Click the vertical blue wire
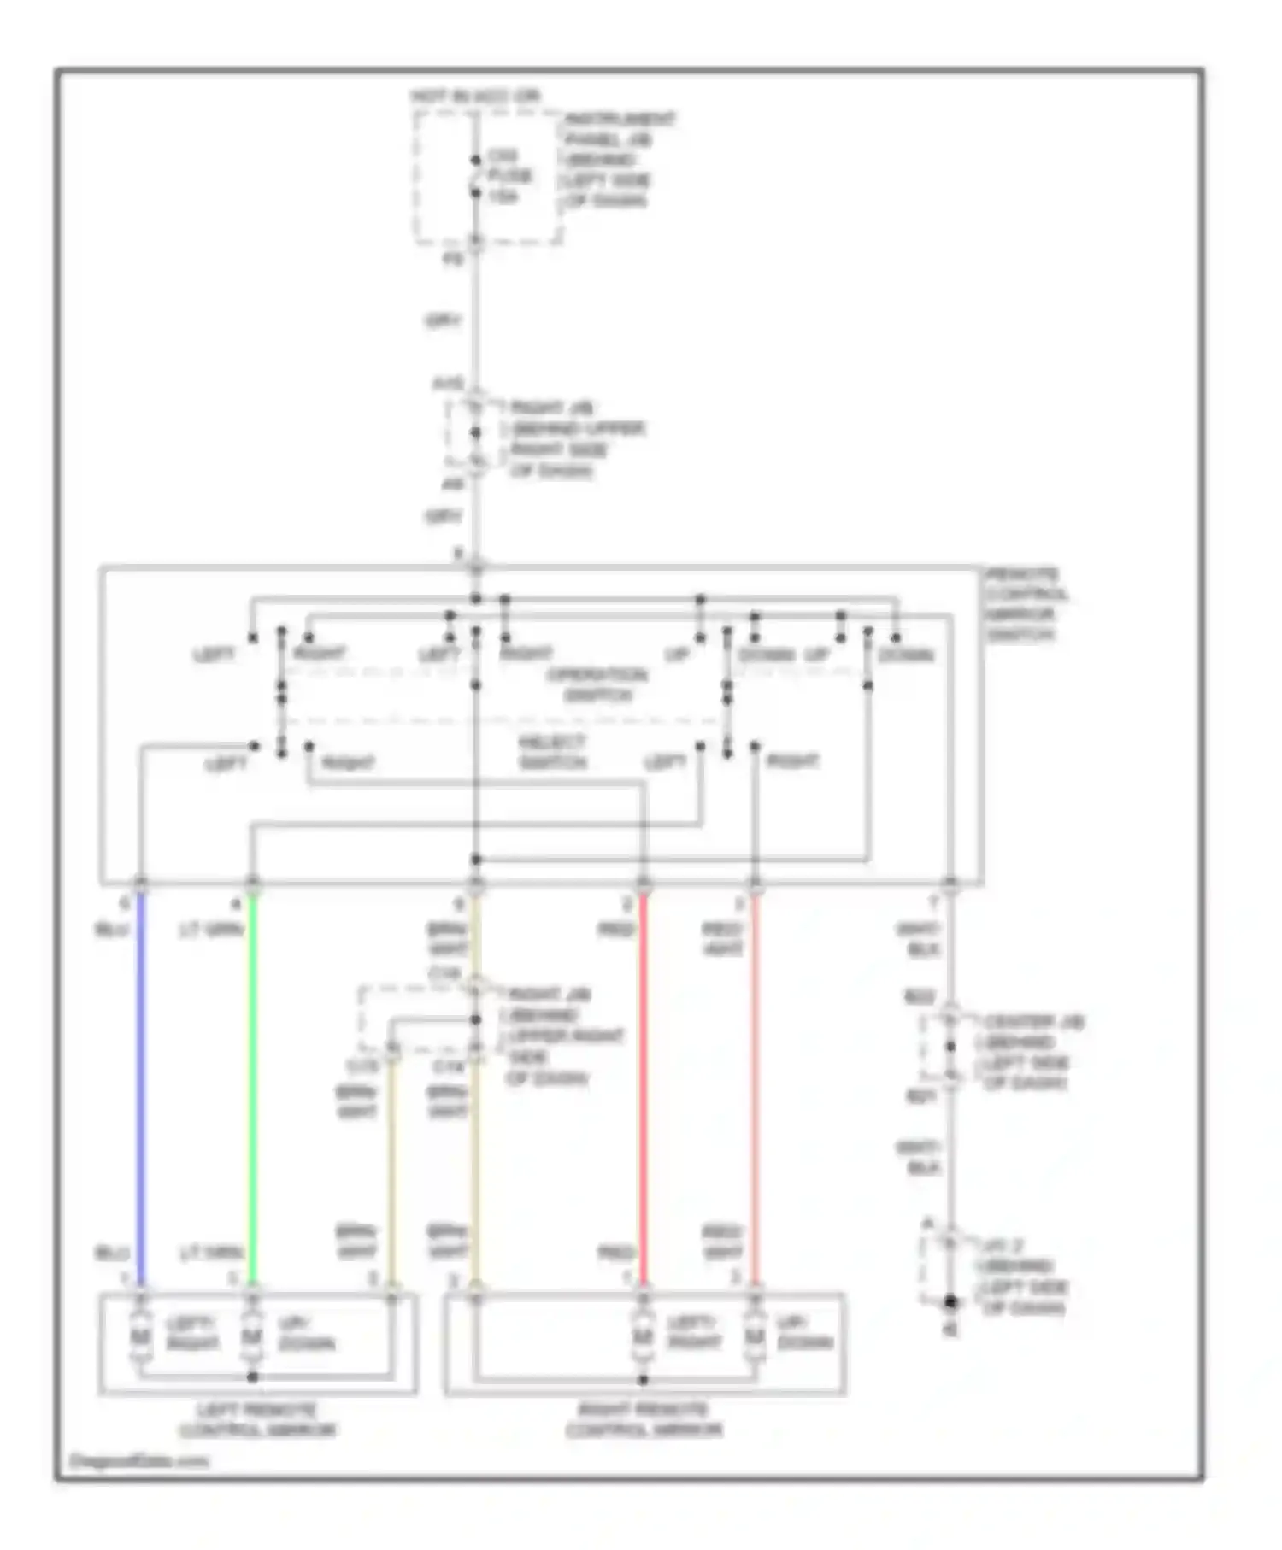click(x=142, y=1085)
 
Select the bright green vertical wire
click(x=253, y=1085)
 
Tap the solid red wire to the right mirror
click(x=644, y=1085)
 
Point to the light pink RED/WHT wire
click(x=755, y=1085)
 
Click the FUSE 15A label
click(x=509, y=177)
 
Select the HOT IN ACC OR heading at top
click(x=476, y=97)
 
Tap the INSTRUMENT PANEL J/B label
click(x=617, y=160)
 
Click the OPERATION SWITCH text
click(x=597, y=684)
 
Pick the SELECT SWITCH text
click(x=552, y=752)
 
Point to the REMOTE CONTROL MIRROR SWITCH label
click(x=1026, y=604)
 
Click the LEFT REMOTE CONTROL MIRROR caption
click(x=257, y=1420)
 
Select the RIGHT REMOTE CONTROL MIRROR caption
click(x=644, y=1420)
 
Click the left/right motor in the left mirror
click(x=140, y=1336)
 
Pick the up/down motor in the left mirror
click(x=251, y=1336)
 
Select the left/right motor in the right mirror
click(x=643, y=1336)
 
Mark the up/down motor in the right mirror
click(x=753, y=1336)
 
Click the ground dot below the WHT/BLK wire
click(x=950, y=1302)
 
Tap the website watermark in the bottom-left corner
click(x=138, y=1461)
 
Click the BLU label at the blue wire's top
click(x=112, y=929)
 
